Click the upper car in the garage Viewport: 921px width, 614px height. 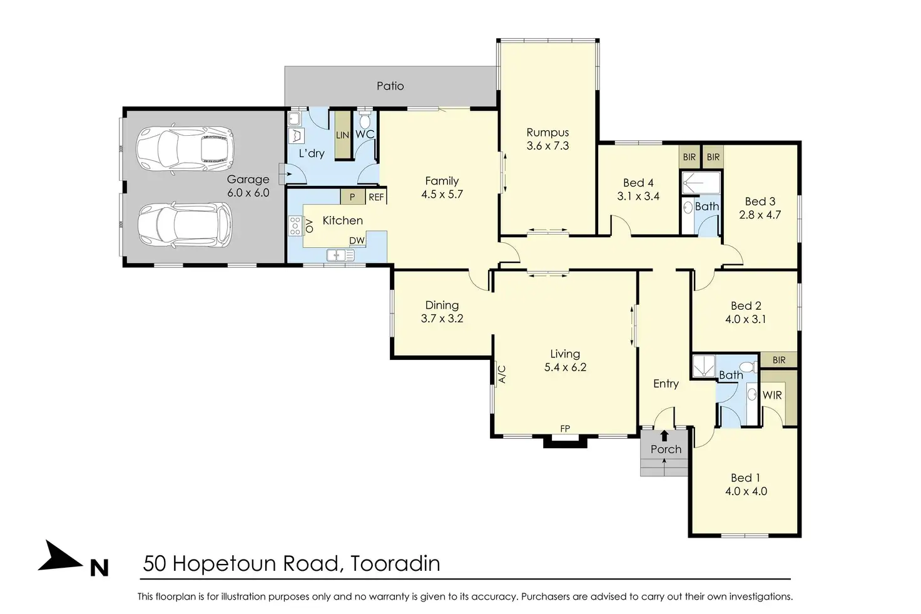(x=185, y=148)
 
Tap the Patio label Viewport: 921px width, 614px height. (x=390, y=86)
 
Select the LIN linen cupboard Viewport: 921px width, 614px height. (x=342, y=135)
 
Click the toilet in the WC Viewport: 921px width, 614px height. (x=364, y=120)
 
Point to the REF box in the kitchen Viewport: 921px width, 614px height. (x=376, y=197)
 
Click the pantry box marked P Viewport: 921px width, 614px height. (x=352, y=197)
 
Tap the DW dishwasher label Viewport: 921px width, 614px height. (x=357, y=240)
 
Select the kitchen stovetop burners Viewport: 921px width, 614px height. (x=295, y=226)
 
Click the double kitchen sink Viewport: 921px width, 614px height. (x=340, y=255)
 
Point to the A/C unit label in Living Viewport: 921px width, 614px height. (x=502, y=374)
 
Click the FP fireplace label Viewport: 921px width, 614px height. (x=565, y=429)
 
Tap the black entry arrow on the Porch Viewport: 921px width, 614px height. (x=664, y=436)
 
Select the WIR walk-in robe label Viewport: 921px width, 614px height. (x=772, y=395)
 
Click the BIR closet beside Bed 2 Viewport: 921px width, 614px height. (x=779, y=360)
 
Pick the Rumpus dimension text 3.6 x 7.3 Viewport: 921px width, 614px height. (x=547, y=146)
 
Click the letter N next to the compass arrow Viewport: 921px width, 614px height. (x=99, y=568)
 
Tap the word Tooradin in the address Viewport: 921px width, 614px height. (x=395, y=563)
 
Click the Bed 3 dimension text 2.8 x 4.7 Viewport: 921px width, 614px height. (x=760, y=215)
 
